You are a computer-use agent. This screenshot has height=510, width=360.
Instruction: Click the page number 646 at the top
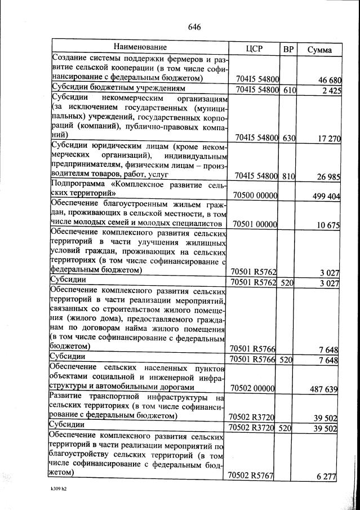click(x=194, y=27)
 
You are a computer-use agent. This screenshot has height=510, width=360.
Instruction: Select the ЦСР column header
click(x=255, y=48)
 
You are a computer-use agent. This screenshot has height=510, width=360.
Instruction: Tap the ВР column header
click(x=289, y=49)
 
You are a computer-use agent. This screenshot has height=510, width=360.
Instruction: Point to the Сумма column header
click(x=319, y=50)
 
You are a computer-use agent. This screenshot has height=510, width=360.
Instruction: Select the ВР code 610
click(x=289, y=90)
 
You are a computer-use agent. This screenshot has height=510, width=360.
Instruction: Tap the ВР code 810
click(x=289, y=176)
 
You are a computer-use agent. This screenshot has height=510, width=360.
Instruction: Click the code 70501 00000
click(x=255, y=225)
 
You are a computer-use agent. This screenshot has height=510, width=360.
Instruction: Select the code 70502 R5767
click(x=251, y=476)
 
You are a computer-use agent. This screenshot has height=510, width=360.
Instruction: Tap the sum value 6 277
click(x=326, y=477)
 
